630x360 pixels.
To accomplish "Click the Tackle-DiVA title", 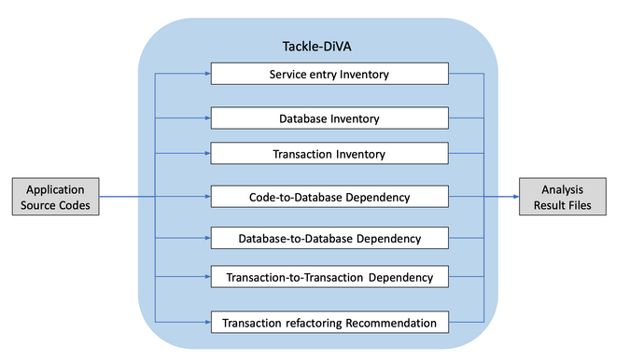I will click(317, 46).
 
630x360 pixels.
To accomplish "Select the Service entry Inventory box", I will click(329, 74).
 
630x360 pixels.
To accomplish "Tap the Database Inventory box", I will click(329, 118).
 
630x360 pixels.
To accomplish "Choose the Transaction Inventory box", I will click(329, 153).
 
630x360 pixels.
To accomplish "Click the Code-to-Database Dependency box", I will click(329, 197).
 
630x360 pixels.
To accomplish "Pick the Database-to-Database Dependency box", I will click(329, 239).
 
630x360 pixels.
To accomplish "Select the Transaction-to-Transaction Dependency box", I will click(329, 277).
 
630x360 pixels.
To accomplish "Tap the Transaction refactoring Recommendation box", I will click(329, 323).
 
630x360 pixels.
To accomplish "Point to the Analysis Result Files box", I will click(563, 197).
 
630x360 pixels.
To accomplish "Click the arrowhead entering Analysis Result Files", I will click(514, 197).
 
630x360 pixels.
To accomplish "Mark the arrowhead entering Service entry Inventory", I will click(206, 74).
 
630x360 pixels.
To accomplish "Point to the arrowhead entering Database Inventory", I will click(206, 118).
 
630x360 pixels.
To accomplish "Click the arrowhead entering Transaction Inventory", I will click(206, 153).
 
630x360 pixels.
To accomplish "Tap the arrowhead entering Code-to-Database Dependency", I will click(206, 197).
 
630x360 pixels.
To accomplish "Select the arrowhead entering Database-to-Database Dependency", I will click(206, 239).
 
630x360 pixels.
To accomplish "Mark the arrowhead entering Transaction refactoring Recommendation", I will click(206, 323).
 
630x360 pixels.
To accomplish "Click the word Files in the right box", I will click(582, 205).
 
